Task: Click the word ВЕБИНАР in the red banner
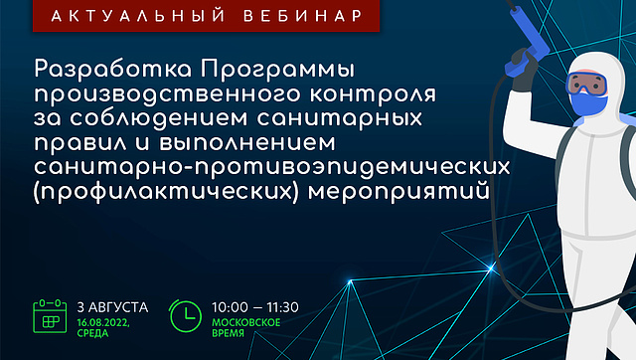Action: click(x=302, y=16)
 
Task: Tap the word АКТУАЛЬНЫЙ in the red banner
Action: click(x=138, y=15)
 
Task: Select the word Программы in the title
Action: click(x=278, y=70)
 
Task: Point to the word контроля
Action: click(x=374, y=94)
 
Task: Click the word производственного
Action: click(x=168, y=94)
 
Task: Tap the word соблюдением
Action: click(x=159, y=118)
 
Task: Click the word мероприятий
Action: click(x=399, y=192)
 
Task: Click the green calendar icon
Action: click(x=50, y=316)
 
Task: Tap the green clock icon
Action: click(x=185, y=316)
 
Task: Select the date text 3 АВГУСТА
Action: click(x=112, y=307)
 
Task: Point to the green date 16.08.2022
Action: click(x=103, y=323)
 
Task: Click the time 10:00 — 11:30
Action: click(x=255, y=307)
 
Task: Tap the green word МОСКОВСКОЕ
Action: click(x=246, y=322)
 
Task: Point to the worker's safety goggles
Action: click(x=586, y=84)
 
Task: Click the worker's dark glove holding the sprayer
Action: click(x=524, y=71)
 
